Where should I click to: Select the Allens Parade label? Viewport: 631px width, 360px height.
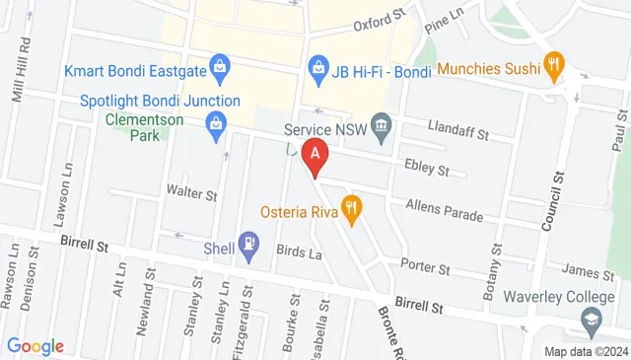click(x=445, y=210)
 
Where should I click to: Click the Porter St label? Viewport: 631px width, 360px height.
click(x=426, y=267)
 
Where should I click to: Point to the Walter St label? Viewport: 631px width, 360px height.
click(x=190, y=191)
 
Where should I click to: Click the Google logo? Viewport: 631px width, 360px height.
click(x=35, y=346)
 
